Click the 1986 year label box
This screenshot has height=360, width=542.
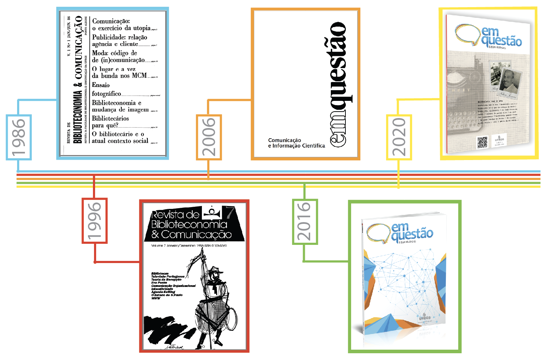(19, 137)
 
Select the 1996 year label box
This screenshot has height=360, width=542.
(95, 221)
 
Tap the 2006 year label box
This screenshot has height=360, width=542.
(209, 137)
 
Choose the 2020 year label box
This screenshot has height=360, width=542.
(399, 137)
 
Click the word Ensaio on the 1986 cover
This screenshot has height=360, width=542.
(101, 85)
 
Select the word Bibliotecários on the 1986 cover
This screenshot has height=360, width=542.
(110, 118)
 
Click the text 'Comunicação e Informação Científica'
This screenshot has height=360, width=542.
(296, 143)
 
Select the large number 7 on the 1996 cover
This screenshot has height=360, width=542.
(230, 212)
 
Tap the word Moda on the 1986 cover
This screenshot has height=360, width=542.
(99, 53)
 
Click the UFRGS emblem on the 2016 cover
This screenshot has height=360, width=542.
(424, 317)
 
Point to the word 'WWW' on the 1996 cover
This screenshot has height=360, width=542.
(156, 298)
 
